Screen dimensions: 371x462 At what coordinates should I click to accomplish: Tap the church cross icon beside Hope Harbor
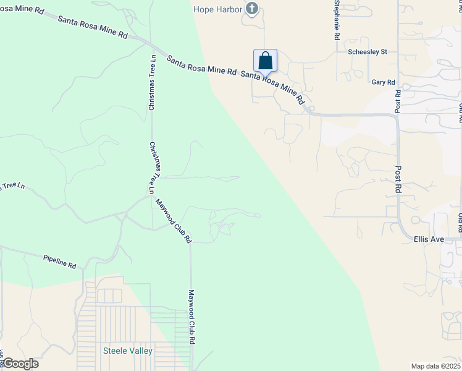coord(251,9)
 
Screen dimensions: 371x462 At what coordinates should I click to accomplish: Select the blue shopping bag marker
coord(265,61)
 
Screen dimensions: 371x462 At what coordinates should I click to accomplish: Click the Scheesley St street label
coord(367,52)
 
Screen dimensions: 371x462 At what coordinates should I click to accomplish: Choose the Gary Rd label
coord(383,82)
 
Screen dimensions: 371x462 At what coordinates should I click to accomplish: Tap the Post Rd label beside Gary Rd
coord(398,101)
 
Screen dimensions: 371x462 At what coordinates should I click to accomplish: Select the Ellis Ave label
coord(429,239)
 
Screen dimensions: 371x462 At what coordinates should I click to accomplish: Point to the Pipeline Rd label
coord(59,261)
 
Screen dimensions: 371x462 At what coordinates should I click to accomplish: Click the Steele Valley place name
coord(127,351)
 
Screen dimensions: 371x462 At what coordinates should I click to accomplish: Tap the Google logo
coord(20,364)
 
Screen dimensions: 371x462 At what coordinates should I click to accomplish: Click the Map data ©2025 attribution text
coord(435,366)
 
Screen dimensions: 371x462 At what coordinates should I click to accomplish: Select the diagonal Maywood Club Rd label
coord(174,221)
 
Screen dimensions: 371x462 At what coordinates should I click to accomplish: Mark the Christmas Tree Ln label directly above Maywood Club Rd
coord(152,165)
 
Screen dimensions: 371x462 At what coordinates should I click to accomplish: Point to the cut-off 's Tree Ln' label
coord(12,185)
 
